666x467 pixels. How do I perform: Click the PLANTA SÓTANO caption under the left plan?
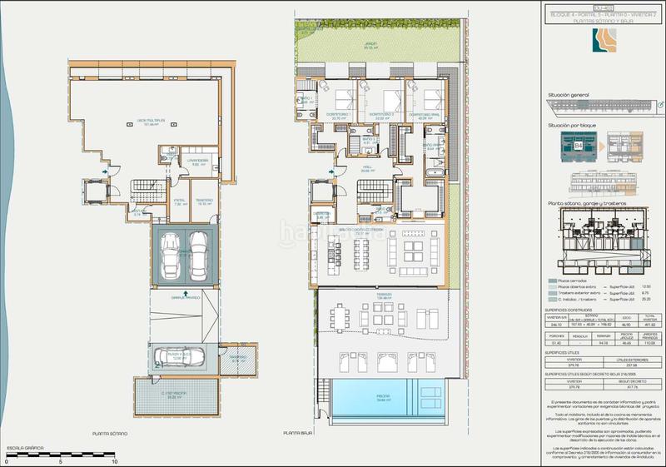[109, 434]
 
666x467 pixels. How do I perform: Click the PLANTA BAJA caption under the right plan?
[297, 434]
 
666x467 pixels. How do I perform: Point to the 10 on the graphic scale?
[114, 460]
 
